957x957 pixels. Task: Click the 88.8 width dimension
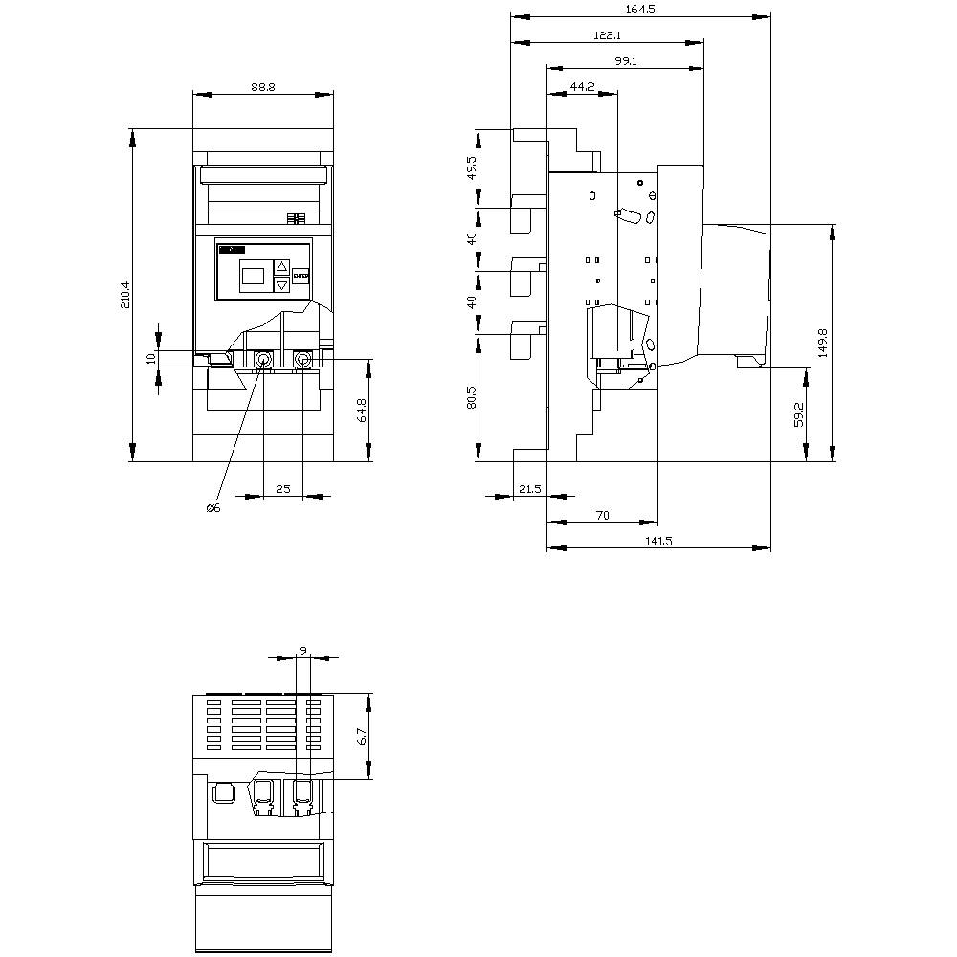263,86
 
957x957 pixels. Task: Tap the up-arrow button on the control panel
281,267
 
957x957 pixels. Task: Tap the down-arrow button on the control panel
281,285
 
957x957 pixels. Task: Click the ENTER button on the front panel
300,276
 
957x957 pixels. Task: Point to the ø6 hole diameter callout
213,508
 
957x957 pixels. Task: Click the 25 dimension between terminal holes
283,488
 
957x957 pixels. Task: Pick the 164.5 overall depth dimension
640,9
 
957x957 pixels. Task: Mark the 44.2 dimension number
583,86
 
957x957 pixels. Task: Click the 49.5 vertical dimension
472,168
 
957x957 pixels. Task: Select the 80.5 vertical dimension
472,398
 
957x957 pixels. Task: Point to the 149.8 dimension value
823,343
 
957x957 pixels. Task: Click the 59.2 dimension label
798,413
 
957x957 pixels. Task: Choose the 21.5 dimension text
529,489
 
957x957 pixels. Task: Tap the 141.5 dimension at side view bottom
658,541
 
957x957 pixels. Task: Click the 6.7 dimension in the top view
361,736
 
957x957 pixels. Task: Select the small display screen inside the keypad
252,276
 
